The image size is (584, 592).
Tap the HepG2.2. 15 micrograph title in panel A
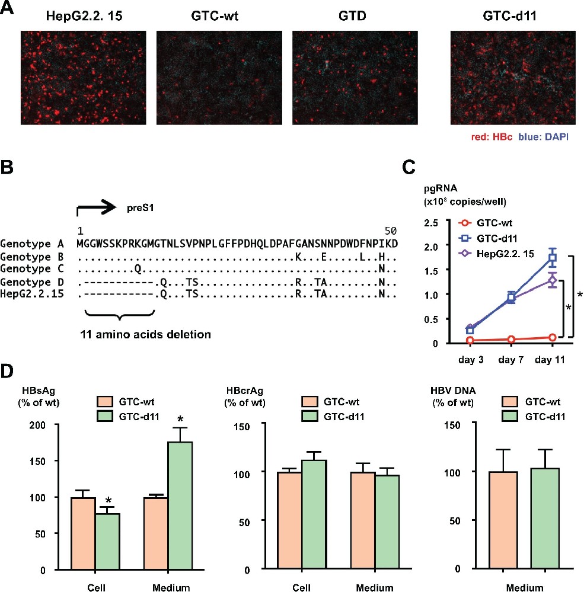click(84, 16)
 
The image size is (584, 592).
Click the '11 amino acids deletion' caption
click(146, 334)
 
